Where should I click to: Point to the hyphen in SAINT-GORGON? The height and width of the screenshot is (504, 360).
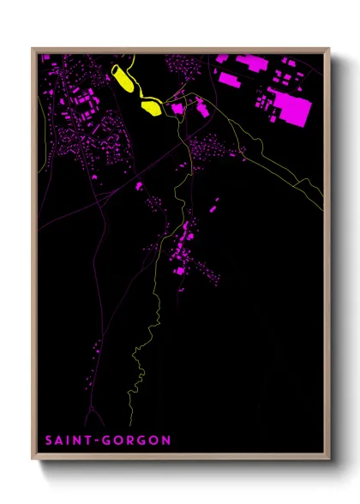(102, 441)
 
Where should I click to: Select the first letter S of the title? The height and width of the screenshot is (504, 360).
(49, 441)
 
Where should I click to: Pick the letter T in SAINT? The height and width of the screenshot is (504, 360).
(93, 441)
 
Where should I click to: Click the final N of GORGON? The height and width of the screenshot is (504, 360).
(166, 441)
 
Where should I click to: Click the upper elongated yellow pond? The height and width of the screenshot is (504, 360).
(123, 77)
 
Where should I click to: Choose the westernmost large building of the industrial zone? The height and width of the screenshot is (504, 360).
(229, 79)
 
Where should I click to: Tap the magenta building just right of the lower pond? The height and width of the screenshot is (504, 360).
(177, 108)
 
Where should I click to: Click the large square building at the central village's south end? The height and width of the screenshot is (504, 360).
(180, 270)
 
